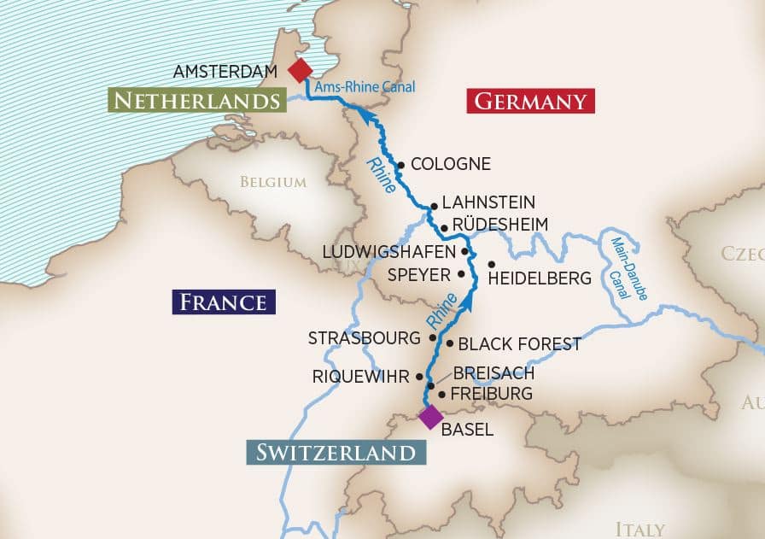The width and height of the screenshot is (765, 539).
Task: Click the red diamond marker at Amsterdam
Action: pyautogui.click(x=301, y=70)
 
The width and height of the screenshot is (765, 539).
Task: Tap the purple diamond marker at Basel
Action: pyautogui.click(x=430, y=417)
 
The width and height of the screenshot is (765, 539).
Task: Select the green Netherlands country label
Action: pyautogui.click(x=196, y=101)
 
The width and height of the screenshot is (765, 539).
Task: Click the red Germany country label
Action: pyautogui.click(x=530, y=102)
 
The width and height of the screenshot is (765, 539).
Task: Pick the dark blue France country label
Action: pyautogui.click(x=224, y=302)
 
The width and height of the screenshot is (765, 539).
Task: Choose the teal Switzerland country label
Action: pyautogui.click(x=336, y=452)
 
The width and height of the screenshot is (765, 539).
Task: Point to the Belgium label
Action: pyautogui.click(x=272, y=182)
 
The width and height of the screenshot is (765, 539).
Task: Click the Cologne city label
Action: pyautogui.click(x=450, y=164)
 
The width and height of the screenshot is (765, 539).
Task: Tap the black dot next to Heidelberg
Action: pyautogui.click(x=492, y=264)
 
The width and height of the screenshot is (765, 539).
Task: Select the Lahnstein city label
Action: pyautogui.click(x=488, y=202)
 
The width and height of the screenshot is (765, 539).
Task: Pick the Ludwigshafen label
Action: pyautogui.click(x=388, y=252)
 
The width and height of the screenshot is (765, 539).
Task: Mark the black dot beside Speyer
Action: pyautogui.click(x=462, y=274)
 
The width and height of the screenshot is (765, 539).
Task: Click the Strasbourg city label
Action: pyautogui.click(x=365, y=338)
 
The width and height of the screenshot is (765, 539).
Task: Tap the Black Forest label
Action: pyautogui.click(x=519, y=344)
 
